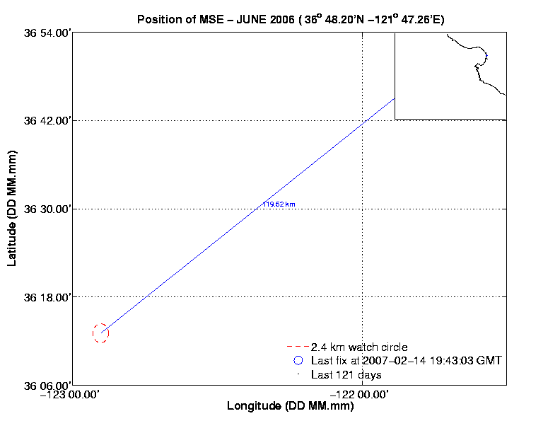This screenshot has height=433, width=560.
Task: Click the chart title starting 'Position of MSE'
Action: point(291,19)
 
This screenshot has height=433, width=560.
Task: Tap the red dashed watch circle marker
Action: point(100,333)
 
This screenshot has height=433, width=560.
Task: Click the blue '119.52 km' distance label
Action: point(279,204)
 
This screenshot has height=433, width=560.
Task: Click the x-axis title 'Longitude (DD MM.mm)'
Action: point(290,407)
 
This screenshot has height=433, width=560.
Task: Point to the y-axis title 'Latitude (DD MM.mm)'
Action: point(12,209)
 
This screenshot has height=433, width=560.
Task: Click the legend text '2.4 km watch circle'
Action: point(359,347)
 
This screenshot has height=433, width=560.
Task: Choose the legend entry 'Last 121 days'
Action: point(346,374)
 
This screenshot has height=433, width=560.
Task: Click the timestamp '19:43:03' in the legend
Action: point(433,361)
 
